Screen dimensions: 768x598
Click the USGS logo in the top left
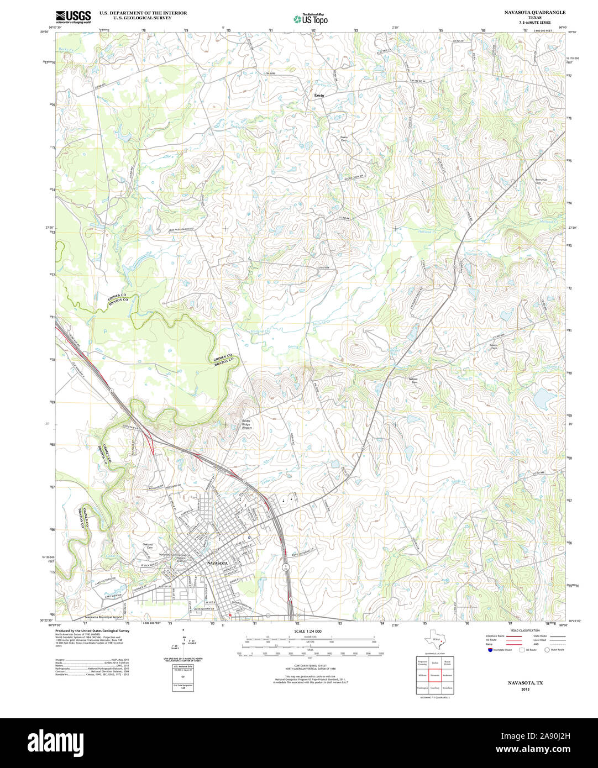(x=73, y=17)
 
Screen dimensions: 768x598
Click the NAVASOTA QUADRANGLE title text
(x=534, y=12)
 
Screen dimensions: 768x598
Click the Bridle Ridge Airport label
(x=246, y=424)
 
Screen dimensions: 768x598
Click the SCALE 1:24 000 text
(x=308, y=631)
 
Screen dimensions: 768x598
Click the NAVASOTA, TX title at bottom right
(x=525, y=683)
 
